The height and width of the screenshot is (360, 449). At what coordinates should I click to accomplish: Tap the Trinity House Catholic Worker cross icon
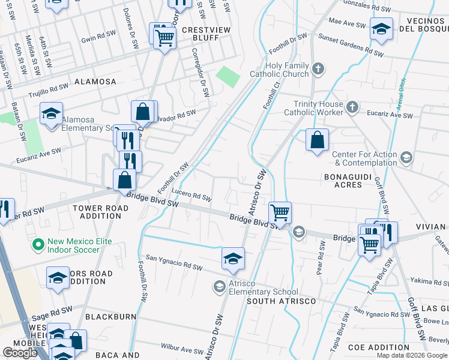tap(352, 107)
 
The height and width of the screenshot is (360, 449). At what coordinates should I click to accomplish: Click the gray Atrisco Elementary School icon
tap(219, 287)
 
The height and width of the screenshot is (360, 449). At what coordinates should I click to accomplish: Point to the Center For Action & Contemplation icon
tap(406, 157)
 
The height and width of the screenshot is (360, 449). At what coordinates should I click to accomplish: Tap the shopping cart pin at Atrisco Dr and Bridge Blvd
tap(280, 212)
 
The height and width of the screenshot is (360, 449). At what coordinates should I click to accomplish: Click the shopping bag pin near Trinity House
tap(317, 140)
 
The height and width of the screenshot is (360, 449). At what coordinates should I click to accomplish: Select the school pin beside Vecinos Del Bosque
tap(381, 29)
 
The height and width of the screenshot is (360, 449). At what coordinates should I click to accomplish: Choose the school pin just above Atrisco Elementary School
tap(233, 259)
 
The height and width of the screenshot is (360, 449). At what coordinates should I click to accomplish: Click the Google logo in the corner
tap(20, 353)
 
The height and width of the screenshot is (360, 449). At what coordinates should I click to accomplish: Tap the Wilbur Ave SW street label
tap(182, 348)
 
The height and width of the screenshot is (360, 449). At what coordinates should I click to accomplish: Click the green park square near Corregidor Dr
tap(228, 77)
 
